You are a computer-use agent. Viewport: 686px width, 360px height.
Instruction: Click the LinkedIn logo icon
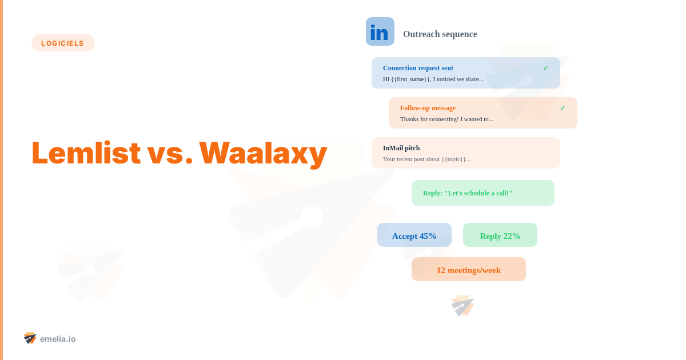click(380, 31)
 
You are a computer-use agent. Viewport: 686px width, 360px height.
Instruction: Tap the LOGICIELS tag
click(63, 43)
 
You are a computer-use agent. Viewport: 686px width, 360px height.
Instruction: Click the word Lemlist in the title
click(86, 153)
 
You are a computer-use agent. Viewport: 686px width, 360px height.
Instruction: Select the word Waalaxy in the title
click(263, 154)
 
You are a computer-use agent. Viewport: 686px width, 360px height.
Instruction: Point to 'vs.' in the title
click(170, 155)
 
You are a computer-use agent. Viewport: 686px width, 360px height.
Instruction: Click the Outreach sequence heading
click(440, 34)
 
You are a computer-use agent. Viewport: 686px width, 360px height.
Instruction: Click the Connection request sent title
click(418, 68)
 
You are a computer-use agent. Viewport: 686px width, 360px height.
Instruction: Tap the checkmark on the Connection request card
click(545, 68)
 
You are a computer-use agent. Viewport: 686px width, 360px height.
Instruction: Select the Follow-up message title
click(428, 108)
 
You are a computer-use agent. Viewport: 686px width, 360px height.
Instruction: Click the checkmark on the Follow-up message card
click(563, 108)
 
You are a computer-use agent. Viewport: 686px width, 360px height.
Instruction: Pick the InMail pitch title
click(401, 148)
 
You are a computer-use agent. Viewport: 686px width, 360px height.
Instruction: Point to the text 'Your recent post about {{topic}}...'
click(426, 159)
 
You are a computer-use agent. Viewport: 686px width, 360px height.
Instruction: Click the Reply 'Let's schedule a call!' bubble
click(483, 193)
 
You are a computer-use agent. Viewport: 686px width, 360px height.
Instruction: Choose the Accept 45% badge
click(414, 235)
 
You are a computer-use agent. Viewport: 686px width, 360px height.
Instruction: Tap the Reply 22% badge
click(500, 235)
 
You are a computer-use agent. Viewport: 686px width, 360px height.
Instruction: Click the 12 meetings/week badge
click(469, 269)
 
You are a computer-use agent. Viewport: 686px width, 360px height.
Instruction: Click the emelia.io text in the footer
click(58, 339)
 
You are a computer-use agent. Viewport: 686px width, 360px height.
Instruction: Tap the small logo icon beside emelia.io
click(30, 338)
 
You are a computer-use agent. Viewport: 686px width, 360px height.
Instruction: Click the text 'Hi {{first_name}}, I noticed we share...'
click(433, 79)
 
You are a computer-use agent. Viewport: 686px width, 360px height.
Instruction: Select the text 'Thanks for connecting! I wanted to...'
click(446, 119)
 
